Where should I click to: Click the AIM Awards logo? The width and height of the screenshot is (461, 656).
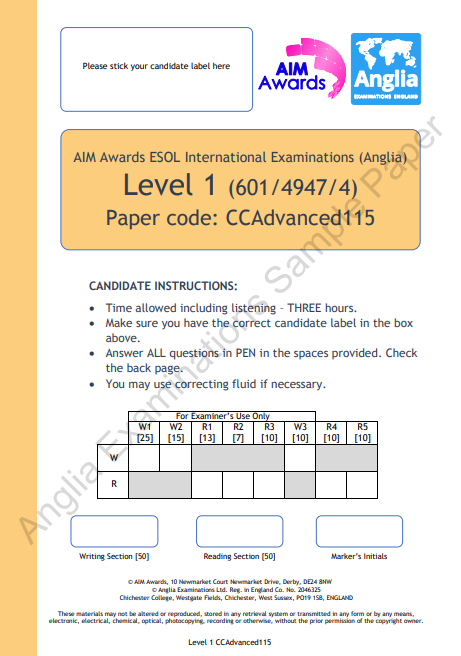click(302, 68)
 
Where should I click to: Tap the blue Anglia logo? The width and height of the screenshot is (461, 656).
click(386, 69)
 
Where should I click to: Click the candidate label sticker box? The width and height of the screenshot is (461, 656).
click(156, 69)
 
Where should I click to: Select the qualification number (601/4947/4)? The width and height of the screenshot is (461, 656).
click(293, 187)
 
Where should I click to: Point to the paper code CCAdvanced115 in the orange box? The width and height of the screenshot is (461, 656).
click(300, 218)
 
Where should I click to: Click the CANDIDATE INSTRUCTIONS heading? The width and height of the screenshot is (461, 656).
click(163, 286)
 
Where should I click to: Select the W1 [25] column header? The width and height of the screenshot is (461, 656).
click(145, 432)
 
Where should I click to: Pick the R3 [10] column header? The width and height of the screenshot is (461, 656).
click(269, 432)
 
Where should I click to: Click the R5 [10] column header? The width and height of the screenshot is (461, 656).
click(362, 432)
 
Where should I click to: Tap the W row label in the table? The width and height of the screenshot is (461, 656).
click(114, 458)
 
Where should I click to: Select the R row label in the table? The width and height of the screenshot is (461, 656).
click(114, 484)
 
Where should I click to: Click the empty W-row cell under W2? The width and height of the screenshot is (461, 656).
click(176, 458)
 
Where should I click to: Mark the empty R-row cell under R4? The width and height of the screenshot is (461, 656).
click(331, 485)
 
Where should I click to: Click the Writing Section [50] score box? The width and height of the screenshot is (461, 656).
click(114, 531)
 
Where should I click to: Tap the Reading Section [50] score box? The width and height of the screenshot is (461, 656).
click(239, 531)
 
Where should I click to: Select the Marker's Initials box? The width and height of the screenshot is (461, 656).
click(359, 531)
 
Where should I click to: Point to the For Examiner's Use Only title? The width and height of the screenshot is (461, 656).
click(223, 416)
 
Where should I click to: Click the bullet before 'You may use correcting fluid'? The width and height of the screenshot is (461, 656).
click(92, 384)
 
